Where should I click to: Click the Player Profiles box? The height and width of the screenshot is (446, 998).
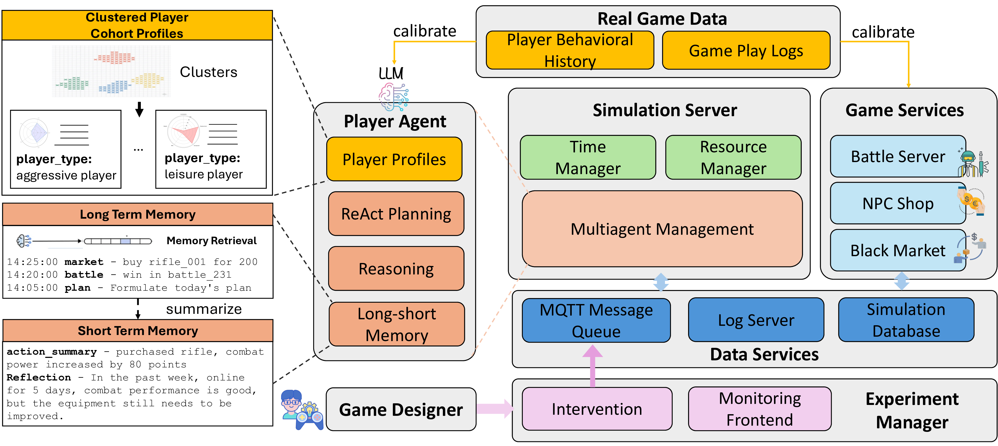pyautogui.click(x=394, y=159)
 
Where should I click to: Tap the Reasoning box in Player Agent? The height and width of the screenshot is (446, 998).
pyautogui.click(x=396, y=268)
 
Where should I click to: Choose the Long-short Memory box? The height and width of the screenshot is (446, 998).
pyautogui.click(x=396, y=324)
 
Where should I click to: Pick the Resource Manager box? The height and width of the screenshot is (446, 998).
pyautogui.click(x=733, y=157)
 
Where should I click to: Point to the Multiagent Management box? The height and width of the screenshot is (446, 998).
pyautogui.click(x=662, y=229)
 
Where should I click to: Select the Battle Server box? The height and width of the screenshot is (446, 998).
pyautogui.click(x=898, y=156)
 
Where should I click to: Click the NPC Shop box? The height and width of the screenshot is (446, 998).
pyautogui.click(x=898, y=203)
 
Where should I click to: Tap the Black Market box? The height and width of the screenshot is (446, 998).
pyautogui.click(x=898, y=250)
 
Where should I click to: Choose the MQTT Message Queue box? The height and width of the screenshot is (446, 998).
pyautogui.click(x=596, y=320)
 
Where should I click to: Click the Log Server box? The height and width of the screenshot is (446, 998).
pyautogui.click(x=756, y=320)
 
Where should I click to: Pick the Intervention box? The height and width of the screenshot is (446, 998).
pyautogui.click(x=597, y=409)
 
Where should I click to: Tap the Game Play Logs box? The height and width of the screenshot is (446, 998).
pyautogui.click(x=746, y=50)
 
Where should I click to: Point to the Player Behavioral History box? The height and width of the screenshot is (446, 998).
pyautogui.click(x=570, y=50)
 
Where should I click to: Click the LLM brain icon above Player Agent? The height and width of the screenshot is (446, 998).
pyautogui.click(x=393, y=97)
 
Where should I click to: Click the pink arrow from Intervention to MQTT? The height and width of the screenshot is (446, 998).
pyautogui.click(x=592, y=366)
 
